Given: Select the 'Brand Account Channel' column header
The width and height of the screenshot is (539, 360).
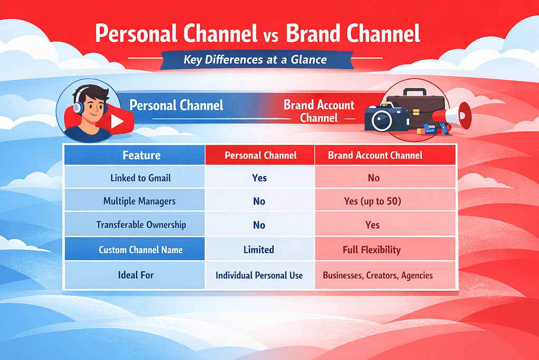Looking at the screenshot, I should tap(375, 155).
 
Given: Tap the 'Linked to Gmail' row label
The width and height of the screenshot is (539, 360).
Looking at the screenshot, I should tap(140, 178).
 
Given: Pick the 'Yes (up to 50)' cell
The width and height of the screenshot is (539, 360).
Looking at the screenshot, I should tap(373, 201).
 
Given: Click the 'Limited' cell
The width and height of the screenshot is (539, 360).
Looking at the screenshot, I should tap(259, 250).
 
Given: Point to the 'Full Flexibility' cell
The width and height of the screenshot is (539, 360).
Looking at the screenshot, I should tap(372, 250).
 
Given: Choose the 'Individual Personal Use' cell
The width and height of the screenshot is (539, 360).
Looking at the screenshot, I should tap(259, 275).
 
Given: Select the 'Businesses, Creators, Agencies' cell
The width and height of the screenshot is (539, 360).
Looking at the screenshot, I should tap(378, 275).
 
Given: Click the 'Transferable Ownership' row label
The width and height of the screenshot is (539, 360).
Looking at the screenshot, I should tap(141, 225).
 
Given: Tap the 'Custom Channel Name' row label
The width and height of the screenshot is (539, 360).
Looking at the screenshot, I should tap(141, 250).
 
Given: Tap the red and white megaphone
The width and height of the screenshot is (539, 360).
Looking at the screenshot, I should tap(454, 114).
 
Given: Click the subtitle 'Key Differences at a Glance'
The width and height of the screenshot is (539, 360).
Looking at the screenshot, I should tap(255, 59).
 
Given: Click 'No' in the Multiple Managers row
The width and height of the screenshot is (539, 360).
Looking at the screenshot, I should tap(259, 201).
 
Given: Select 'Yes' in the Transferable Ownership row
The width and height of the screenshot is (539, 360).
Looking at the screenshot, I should tap(372, 225).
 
